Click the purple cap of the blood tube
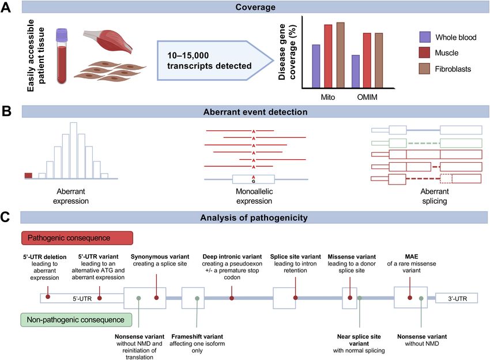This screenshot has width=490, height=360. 62,35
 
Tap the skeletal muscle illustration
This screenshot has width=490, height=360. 107,42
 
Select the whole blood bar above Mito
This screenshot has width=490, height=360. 316,66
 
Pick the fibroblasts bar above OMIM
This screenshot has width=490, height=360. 379,61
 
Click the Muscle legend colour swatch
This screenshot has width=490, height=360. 424,52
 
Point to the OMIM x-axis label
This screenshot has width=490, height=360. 367,97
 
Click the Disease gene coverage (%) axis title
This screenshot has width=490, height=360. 287,52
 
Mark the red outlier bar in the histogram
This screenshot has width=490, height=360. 28,176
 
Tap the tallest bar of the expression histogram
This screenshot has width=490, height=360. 73,151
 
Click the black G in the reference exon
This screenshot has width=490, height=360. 254,181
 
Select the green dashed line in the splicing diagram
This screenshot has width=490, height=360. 424,143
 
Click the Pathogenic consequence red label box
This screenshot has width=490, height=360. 77,238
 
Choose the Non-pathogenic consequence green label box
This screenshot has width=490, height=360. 76,320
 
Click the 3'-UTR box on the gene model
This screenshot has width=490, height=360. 457,298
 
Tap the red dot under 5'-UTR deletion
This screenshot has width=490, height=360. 48,297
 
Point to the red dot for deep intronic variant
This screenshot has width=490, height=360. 232,298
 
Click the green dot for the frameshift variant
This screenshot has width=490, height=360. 197,298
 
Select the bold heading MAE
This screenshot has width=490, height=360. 411,257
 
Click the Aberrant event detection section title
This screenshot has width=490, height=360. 255,112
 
